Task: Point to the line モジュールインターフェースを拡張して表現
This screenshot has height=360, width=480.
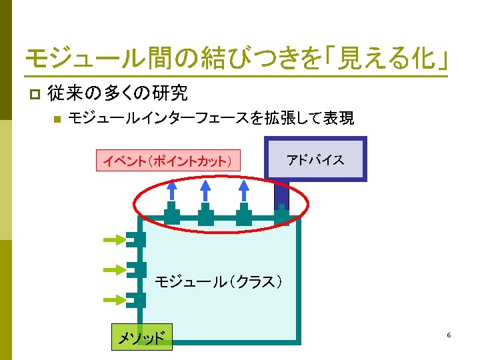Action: pos(211,119)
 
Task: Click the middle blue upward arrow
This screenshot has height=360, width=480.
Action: pos(207,192)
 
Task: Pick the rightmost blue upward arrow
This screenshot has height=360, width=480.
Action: pos(244,192)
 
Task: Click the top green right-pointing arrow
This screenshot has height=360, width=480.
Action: pos(115,239)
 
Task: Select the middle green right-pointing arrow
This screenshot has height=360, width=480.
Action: pos(115,269)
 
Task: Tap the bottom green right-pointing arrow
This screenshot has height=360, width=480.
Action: pos(115,299)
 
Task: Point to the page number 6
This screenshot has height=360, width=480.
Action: pos(449,335)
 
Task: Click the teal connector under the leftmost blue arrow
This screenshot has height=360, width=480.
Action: pos(172,215)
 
